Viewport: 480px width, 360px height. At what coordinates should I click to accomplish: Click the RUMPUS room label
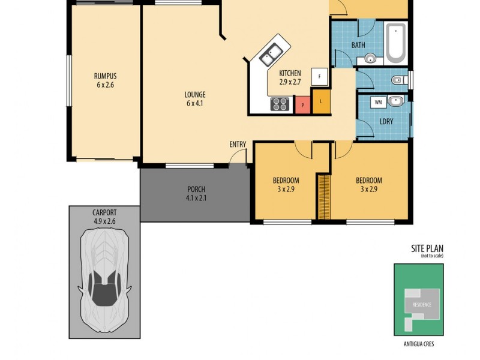pos(104,76)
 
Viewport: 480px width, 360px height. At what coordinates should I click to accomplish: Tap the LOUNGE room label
pos(196,95)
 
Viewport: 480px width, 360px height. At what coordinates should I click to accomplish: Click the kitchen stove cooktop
pos(280,104)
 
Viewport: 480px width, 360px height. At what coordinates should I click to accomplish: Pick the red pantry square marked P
pos(302,105)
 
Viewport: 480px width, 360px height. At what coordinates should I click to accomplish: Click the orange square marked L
pos(321,101)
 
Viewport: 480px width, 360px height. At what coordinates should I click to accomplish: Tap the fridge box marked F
pos(319,77)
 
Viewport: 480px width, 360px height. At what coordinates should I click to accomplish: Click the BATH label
pos(358,45)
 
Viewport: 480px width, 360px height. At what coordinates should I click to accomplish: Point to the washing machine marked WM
pos(379,102)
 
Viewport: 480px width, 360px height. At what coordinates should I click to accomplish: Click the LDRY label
pos(386,121)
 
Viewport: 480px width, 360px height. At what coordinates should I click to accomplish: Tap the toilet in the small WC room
pos(398,80)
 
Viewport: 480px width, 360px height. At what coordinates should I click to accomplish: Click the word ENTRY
pos(238,144)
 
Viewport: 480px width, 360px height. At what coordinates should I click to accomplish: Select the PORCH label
pos(196,190)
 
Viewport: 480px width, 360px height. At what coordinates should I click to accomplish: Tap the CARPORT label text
pos(104,212)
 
